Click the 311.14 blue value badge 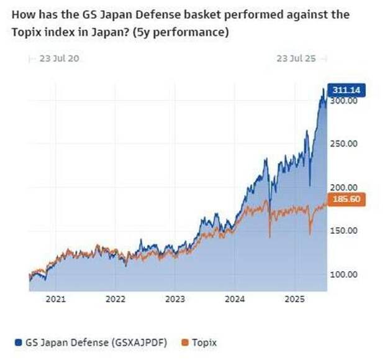[x=345, y=91]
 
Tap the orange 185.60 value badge [x=345, y=200]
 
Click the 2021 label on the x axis [x=56, y=299]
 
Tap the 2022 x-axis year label [x=115, y=299]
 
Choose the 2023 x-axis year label [x=175, y=299]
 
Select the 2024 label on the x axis [x=235, y=299]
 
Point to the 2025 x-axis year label [x=294, y=299]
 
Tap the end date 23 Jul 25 [x=296, y=58]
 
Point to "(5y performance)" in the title [x=186, y=32]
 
